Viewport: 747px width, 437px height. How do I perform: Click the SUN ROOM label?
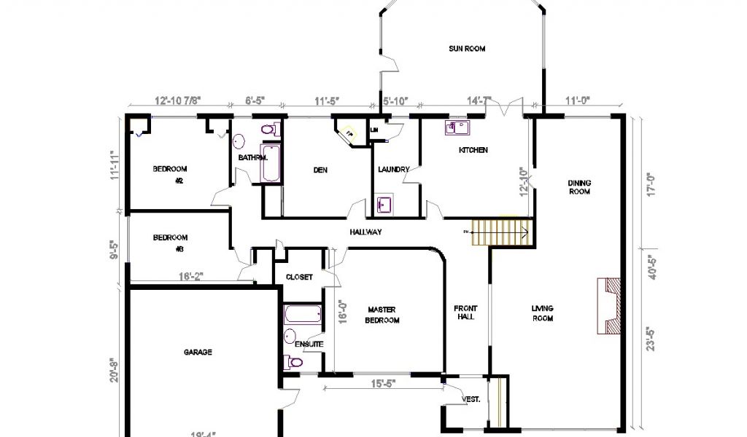click(466, 49)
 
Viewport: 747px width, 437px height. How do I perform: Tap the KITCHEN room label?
click(473, 150)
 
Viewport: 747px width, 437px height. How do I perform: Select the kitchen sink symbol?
click(457, 128)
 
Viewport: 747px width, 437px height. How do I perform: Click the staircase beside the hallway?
click(500, 232)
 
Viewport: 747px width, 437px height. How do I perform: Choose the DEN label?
click(320, 170)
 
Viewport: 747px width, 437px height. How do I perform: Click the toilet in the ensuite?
click(295, 362)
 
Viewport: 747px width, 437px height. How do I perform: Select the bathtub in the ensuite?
click(301, 315)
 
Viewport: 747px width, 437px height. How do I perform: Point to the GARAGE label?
click(197, 352)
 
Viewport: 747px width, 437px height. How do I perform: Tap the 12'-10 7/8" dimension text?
click(178, 101)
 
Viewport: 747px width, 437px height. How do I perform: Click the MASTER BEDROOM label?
click(382, 315)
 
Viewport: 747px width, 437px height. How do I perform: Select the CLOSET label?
click(299, 277)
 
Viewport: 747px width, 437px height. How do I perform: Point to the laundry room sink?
click(384, 203)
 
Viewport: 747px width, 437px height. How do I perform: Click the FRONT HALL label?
click(465, 312)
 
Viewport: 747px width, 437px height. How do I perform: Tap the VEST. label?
click(471, 399)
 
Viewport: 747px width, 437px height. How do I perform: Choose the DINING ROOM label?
click(579, 187)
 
